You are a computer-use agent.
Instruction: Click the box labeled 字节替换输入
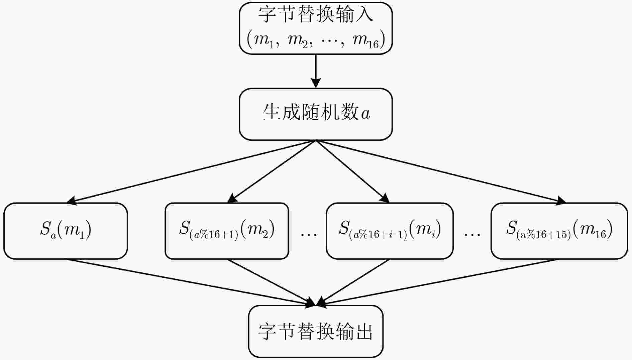pyautogui.click(x=316, y=28)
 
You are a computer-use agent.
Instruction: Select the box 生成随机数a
pyautogui.click(x=316, y=114)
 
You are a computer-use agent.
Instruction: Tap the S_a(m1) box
pyautogui.click(x=66, y=231)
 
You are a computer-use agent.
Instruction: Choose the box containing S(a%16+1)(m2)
pyautogui.click(x=227, y=231)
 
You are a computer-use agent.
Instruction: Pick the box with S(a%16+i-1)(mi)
pyautogui.click(x=390, y=231)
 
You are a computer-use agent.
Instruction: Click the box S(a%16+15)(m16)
pyautogui.click(x=559, y=231)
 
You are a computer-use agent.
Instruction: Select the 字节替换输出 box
pyautogui.click(x=316, y=331)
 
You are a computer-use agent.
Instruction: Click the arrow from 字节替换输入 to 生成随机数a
pyautogui.click(x=316, y=71)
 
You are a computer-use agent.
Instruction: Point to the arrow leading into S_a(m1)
pyautogui.click(x=191, y=172)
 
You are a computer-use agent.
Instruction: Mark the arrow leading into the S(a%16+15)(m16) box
pyautogui.click(x=441, y=172)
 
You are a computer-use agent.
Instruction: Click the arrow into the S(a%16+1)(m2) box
pyautogui.click(x=272, y=172)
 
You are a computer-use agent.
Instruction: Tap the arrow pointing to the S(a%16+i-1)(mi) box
pyautogui.click(x=353, y=172)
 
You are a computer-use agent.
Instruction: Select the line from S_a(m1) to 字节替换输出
pyautogui.click(x=191, y=282)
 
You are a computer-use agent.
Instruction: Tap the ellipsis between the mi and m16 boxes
pyautogui.click(x=472, y=235)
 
